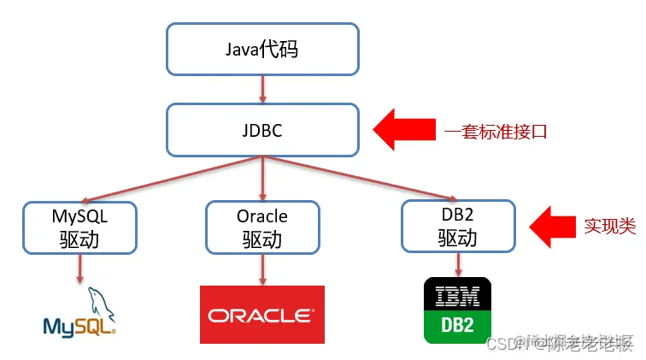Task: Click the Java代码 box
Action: tap(262, 49)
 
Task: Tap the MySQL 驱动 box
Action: tap(79, 227)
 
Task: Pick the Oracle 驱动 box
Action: tap(262, 227)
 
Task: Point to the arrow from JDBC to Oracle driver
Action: tap(262, 179)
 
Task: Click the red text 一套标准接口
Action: tap(495, 132)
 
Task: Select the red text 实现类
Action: tap(610, 227)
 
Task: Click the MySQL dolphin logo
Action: tap(79, 312)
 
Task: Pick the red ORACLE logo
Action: tap(262, 315)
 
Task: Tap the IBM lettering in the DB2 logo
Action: tap(458, 296)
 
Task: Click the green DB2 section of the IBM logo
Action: tap(458, 328)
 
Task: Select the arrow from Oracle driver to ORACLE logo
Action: tap(262, 269)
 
